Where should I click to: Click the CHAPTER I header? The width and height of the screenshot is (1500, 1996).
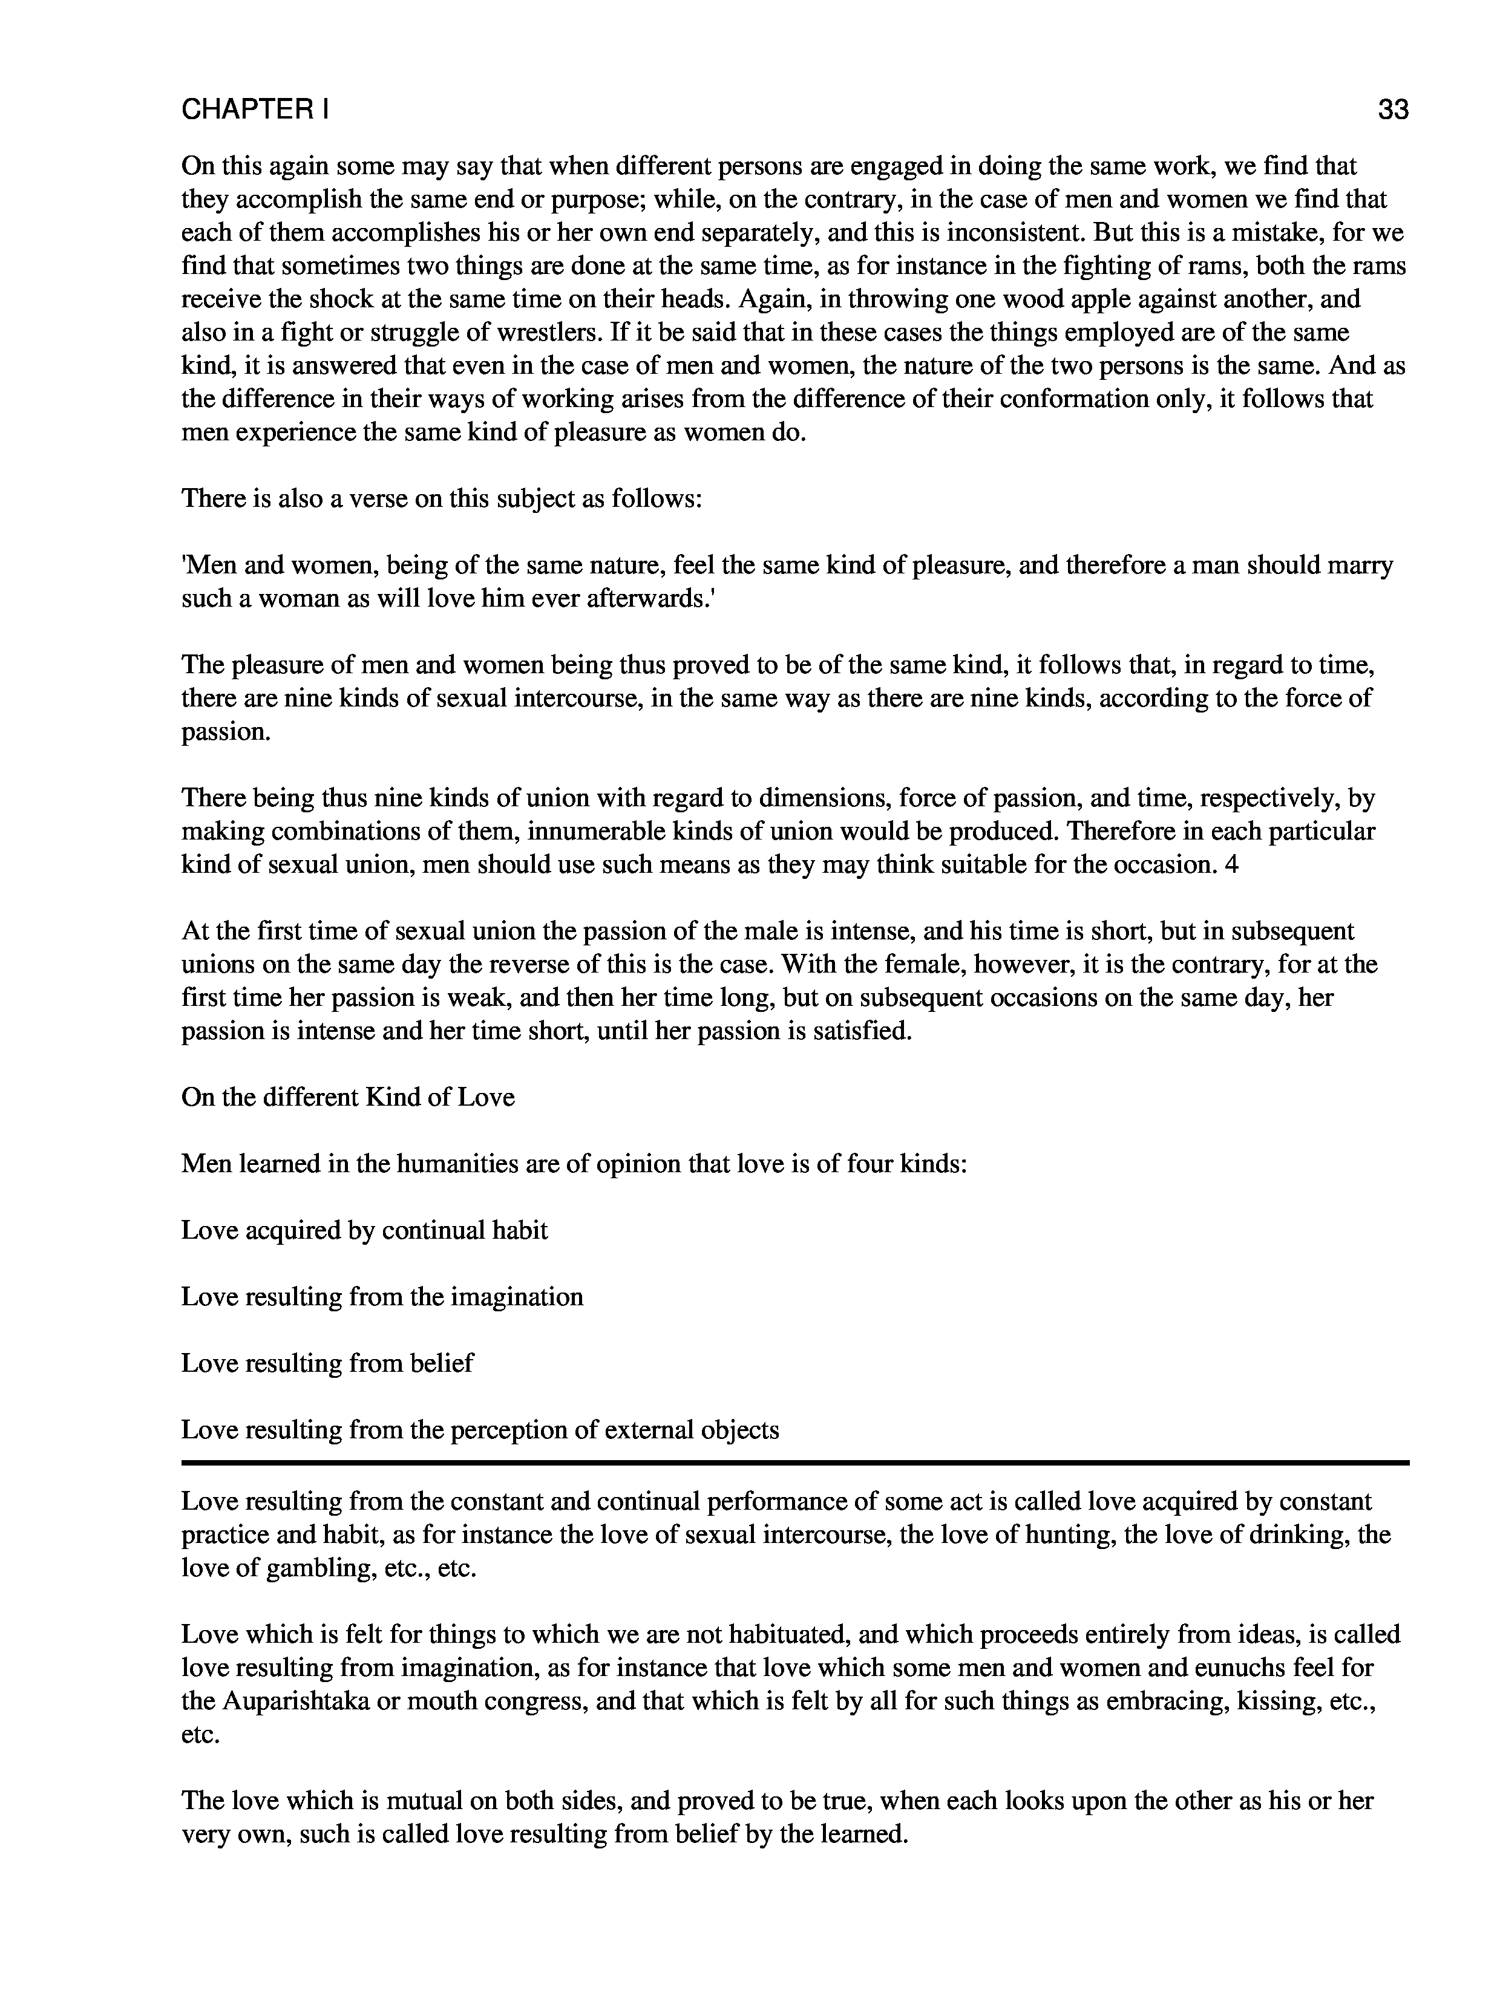tap(255, 110)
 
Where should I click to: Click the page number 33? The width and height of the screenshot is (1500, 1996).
tap(1393, 110)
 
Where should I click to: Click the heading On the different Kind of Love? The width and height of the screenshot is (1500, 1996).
tap(347, 1097)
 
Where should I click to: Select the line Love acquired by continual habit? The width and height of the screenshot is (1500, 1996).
tap(364, 1231)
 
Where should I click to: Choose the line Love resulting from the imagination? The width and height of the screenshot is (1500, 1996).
tap(382, 1297)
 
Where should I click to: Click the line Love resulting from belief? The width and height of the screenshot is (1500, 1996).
tap(327, 1363)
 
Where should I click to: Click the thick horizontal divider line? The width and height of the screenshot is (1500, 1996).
tap(794, 1462)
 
